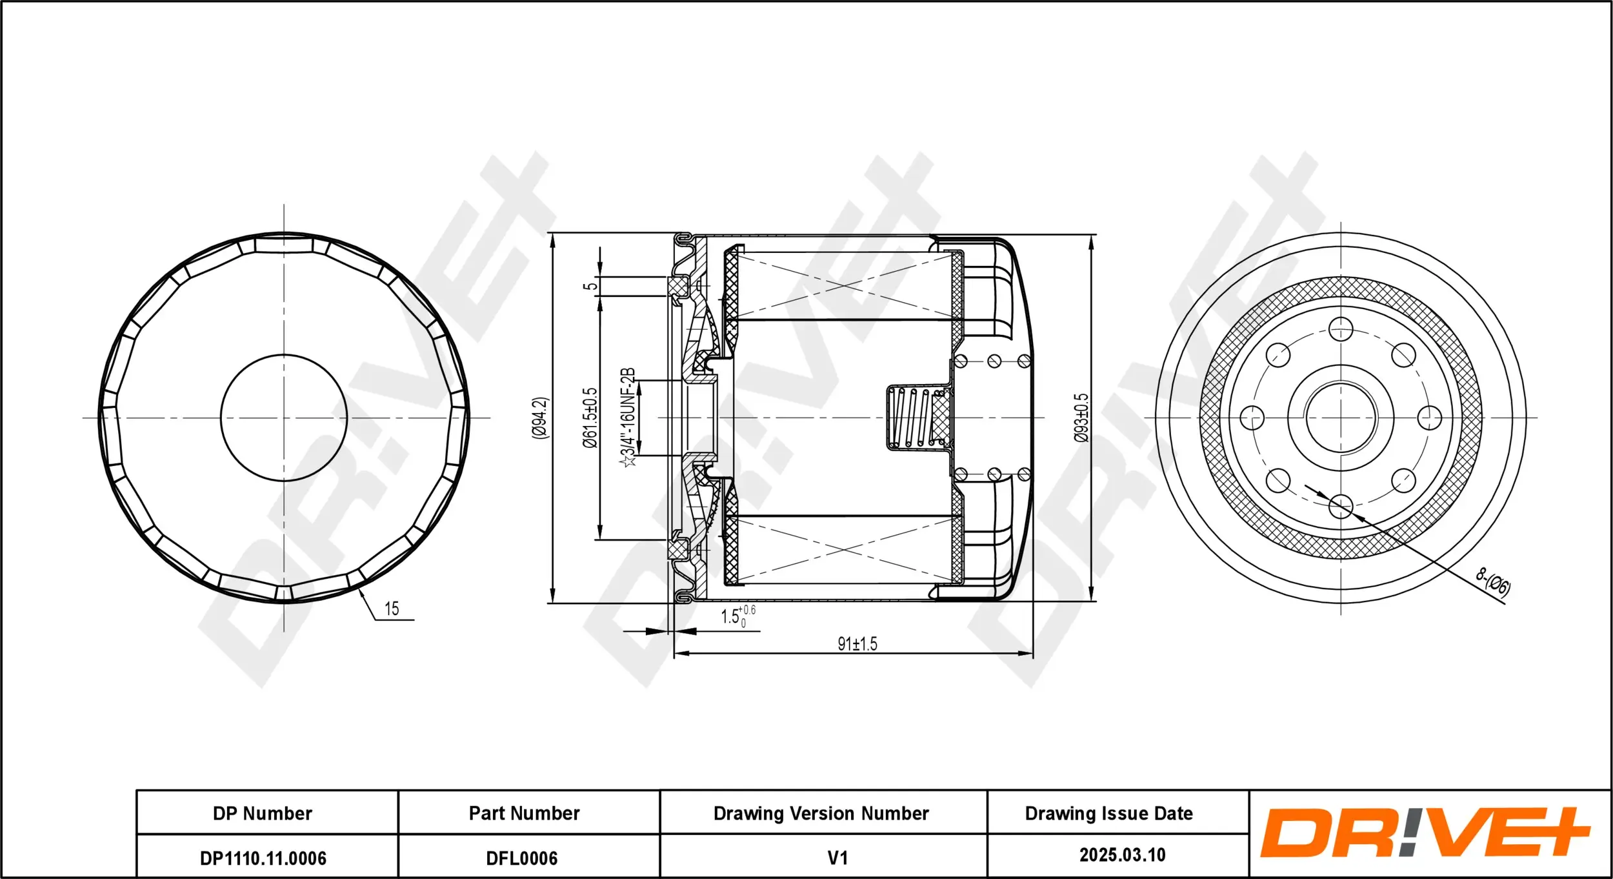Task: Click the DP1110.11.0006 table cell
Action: tap(263, 858)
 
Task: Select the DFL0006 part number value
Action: tap(521, 858)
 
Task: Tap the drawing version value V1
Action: tap(837, 858)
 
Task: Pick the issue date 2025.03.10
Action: tap(1122, 854)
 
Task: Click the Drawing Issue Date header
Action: tap(1108, 813)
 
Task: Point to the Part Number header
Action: tap(524, 813)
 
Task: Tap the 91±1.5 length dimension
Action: tap(857, 643)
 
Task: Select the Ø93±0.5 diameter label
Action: tap(1081, 418)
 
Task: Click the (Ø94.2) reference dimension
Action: tap(539, 418)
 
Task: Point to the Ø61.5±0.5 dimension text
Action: tap(590, 418)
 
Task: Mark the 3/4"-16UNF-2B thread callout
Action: tap(628, 418)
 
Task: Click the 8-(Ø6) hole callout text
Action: tap(1493, 583)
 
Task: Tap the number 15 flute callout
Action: tap(392, 609)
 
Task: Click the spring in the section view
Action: tap(911, 418)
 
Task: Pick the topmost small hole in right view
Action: tap(1341, 329)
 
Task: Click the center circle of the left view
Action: tap(284, 418)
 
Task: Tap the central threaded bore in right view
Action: tap(1341, 418)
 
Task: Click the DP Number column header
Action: tap(263, 813)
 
